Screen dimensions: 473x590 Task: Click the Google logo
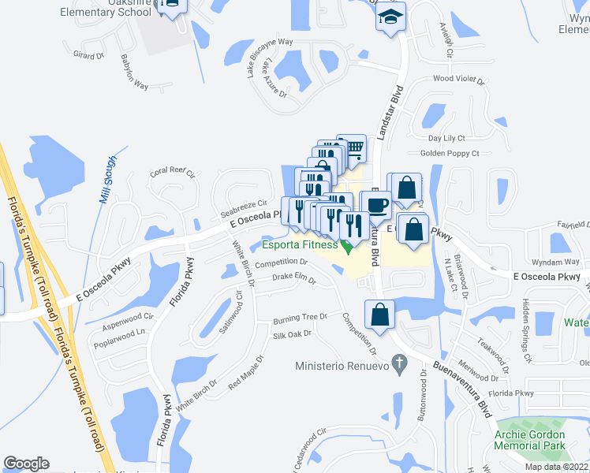tap(26, 464)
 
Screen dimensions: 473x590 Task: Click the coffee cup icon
tap(375, 203)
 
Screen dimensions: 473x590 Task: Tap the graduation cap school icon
tap(390, 17)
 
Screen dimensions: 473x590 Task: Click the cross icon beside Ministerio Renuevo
tap(400, 365)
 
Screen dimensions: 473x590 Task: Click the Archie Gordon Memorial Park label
tap(529, 440)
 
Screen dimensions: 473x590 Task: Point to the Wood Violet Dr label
tap(457, 79)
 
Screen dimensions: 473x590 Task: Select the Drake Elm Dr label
tap(293, 279)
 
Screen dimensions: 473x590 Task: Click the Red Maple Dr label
tap(245, 373)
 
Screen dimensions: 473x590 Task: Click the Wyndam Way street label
tap(555, 261)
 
